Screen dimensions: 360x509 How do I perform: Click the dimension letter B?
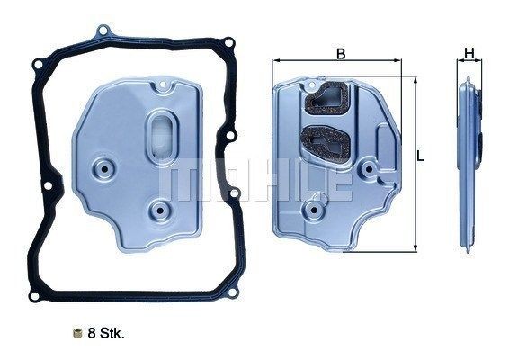pos(340,54)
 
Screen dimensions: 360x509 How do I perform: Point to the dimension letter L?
pos(420,157)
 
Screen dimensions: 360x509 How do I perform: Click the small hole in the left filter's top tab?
pos(163,89)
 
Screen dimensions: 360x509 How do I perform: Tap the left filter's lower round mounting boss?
pos(161,211)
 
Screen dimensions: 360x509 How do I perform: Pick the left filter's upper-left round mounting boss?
pos(108,166)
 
